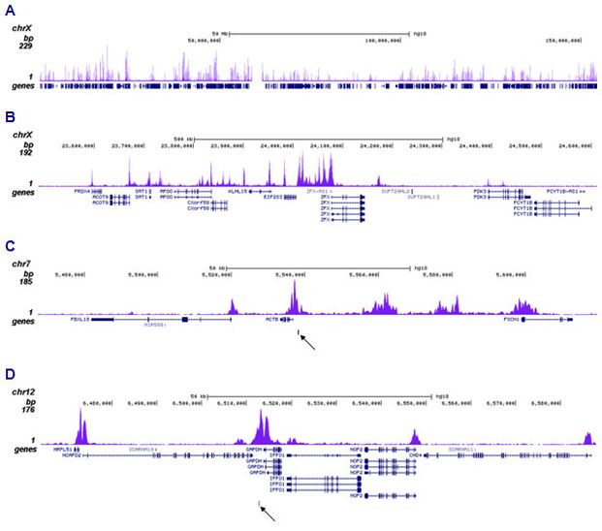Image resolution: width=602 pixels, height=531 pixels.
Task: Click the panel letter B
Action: (9, 116)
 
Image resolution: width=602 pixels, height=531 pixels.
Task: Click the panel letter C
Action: (9, 245)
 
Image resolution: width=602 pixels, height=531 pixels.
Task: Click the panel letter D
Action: (9, 372)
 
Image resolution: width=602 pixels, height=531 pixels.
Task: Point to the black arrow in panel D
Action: (268, 511)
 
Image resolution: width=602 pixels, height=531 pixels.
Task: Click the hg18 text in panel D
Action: (441, 395)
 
